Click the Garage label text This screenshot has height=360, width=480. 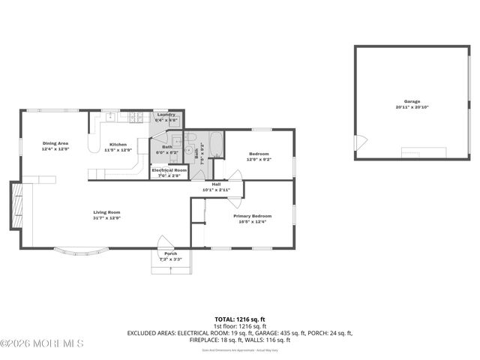pyautogui.click(x=412, y=101)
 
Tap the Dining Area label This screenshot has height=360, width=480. pyautogui.click(x=55, y=143)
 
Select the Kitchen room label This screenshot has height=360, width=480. pyautogui.click(x=118, y=144)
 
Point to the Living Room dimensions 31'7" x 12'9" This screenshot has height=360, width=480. pyautogui.click(x=106, y=218)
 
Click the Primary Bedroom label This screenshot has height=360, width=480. pyautogui.click(x=252, y=216)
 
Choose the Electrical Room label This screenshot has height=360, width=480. pyautogui.click(x=169, y=170)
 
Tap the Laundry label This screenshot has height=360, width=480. pyautogui.click(x=166, y=115)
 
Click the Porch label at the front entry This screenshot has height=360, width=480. pyautogui.click(x=171, y=253)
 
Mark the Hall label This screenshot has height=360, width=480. pyautogui.click(x=216, y=184)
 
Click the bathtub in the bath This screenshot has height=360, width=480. pyautogui.click(x=215, y=144)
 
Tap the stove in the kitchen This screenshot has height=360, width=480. pyautogui.click(x=136, y=117)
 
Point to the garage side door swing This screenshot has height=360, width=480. pyautogui.click(x=361, y=142)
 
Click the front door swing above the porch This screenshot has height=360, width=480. pyautogui.click(x=166, y=241)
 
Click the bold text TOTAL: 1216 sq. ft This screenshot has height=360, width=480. pyautogui.click(x=239, y=319)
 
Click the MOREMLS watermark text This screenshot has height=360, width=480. pyautogui.click(x=42, y=343)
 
